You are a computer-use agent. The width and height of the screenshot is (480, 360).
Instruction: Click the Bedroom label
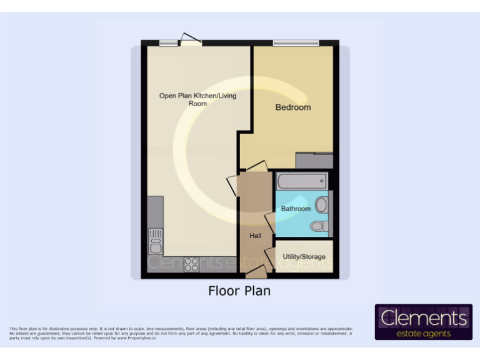coord(293,107)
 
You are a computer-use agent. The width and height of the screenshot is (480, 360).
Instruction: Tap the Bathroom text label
coord(296,209)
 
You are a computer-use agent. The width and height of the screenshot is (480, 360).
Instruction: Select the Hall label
coord(256,236)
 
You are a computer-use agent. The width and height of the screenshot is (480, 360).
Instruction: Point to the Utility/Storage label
coord(304,257)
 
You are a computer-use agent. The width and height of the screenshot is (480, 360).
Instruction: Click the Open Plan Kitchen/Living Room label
coord(197,99)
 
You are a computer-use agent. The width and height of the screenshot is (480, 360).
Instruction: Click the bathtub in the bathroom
coord(302,182)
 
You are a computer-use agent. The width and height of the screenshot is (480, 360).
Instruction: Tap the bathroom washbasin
coord(322,205)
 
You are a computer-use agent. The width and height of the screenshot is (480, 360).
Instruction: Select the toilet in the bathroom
coord(319,226)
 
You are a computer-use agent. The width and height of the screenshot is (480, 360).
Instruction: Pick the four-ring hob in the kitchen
coord(191,264)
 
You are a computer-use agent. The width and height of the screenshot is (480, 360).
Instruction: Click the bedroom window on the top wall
coord(296,43)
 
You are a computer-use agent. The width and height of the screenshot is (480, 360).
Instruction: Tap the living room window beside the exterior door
coord(167,43)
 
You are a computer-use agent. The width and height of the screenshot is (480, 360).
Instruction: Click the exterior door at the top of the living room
coord(190,40)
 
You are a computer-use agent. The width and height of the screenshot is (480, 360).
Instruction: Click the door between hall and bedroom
coord(256,167)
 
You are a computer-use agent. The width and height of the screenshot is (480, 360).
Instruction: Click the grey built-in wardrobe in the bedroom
coord(314,161)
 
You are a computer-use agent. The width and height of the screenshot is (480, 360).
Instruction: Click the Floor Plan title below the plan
coord(239,291)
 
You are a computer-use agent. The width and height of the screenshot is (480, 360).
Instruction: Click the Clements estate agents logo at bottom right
coord(424,322)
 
